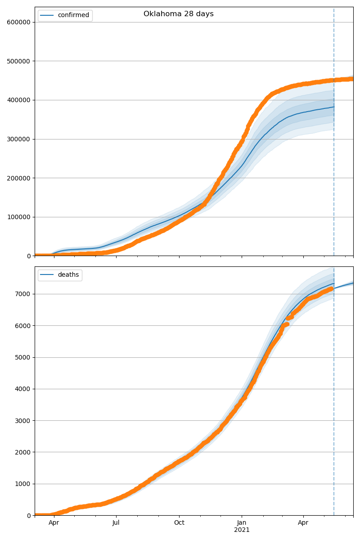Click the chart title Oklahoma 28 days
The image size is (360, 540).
coord(178,14)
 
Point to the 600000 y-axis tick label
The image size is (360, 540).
coord(18,22)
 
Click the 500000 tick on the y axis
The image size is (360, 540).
coord(18,61)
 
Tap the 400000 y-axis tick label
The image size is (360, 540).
coord(18,100)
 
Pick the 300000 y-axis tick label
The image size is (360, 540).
coord(18,139)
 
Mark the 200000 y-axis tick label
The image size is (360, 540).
coord(18,178)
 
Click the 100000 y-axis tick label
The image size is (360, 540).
coord(18,217)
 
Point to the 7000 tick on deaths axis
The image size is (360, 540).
coord(23,294)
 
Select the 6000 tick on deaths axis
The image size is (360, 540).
coord(23,326)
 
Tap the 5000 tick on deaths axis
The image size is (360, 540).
coord(23,357)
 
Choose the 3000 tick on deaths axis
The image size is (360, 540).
coord(23,421)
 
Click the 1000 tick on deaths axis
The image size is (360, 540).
coord(23,484)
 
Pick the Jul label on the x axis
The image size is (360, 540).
coord(116,523)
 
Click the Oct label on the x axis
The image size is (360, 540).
coord(179,523)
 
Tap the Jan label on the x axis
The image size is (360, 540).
coord(242,523)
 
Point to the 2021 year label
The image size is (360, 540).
coord(242,530)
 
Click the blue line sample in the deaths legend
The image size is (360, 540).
coord(47,275)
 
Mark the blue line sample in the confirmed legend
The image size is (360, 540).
coord(47,15)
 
